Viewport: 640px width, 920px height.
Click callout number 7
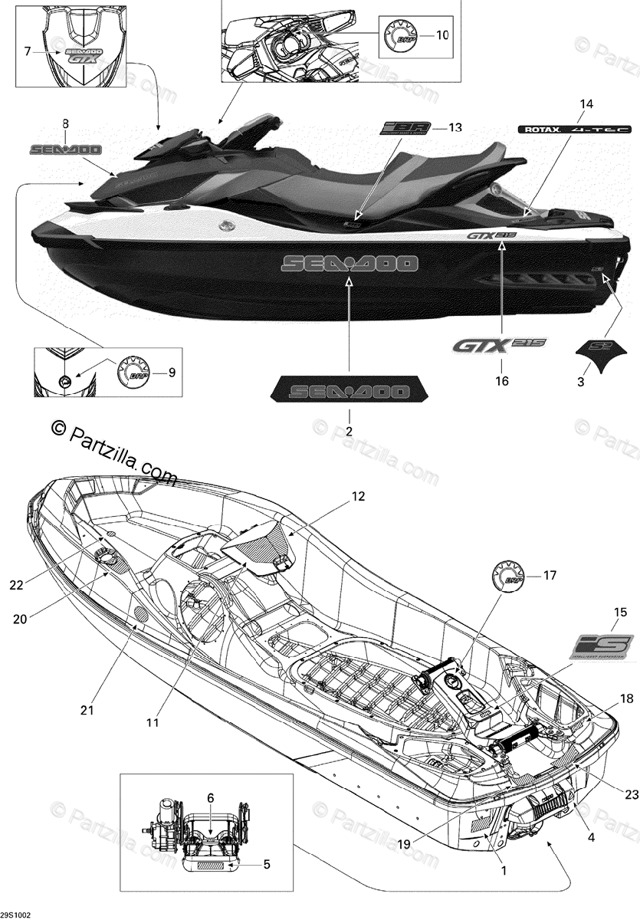tap(28, 51)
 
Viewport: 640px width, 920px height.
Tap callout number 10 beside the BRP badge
tap(443, 35)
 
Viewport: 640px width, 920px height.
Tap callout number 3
tap(580, 381)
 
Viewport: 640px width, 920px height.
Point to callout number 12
tap(359, 496)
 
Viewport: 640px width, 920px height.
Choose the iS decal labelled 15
tap(601, 646)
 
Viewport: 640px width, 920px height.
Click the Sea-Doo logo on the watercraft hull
tap(350, 264)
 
